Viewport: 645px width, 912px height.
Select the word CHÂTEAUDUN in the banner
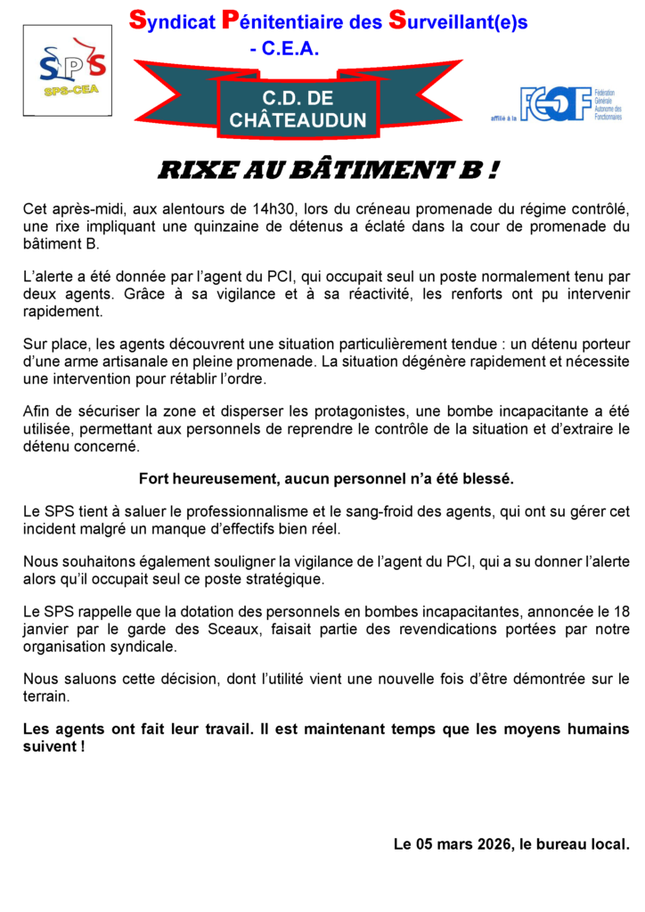click(x=298, y=120)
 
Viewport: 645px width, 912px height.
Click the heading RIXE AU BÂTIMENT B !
click(x=327, y=170)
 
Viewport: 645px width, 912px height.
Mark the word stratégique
click(x=256, y=580)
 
